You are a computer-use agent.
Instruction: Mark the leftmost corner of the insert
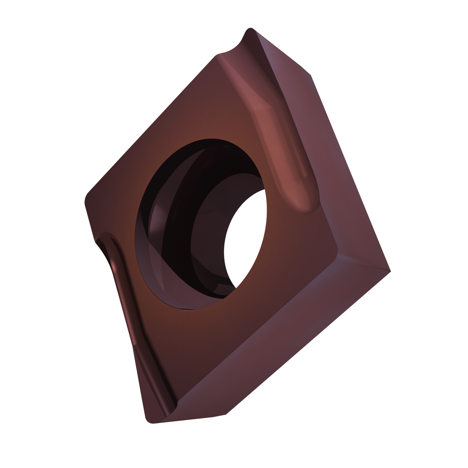87,200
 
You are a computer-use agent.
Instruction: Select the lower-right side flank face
281,343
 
